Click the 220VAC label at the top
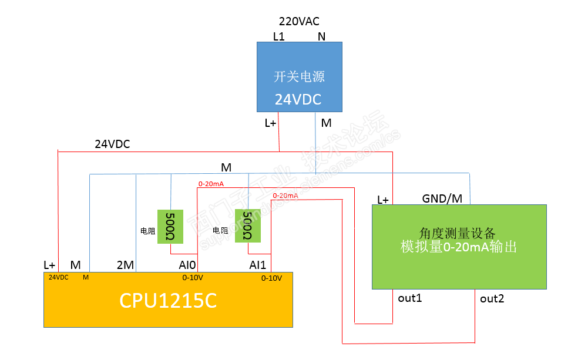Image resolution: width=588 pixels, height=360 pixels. coord(298,22)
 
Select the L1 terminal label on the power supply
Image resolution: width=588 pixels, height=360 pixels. coord(278,36)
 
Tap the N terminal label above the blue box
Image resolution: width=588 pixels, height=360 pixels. coord(321,36)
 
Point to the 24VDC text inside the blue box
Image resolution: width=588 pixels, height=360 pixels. coord(298,100)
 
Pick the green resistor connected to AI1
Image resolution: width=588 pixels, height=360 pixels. coord(247,226)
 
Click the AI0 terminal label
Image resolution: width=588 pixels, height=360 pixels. coord(188,265)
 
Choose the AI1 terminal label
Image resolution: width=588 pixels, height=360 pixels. coord(258,265)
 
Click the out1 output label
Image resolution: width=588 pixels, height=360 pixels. coord(410,298)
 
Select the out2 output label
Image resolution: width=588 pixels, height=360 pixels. coord(492,298)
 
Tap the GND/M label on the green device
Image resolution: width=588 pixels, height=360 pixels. coord(442,198)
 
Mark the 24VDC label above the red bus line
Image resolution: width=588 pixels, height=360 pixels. coord(112,144)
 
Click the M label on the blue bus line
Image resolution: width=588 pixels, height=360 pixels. coord(226,167)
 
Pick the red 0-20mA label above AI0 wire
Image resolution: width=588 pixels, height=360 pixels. coord(211,184)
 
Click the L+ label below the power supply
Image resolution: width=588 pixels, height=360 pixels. coord(271,123)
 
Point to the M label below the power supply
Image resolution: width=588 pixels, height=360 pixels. coord(326,123)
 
